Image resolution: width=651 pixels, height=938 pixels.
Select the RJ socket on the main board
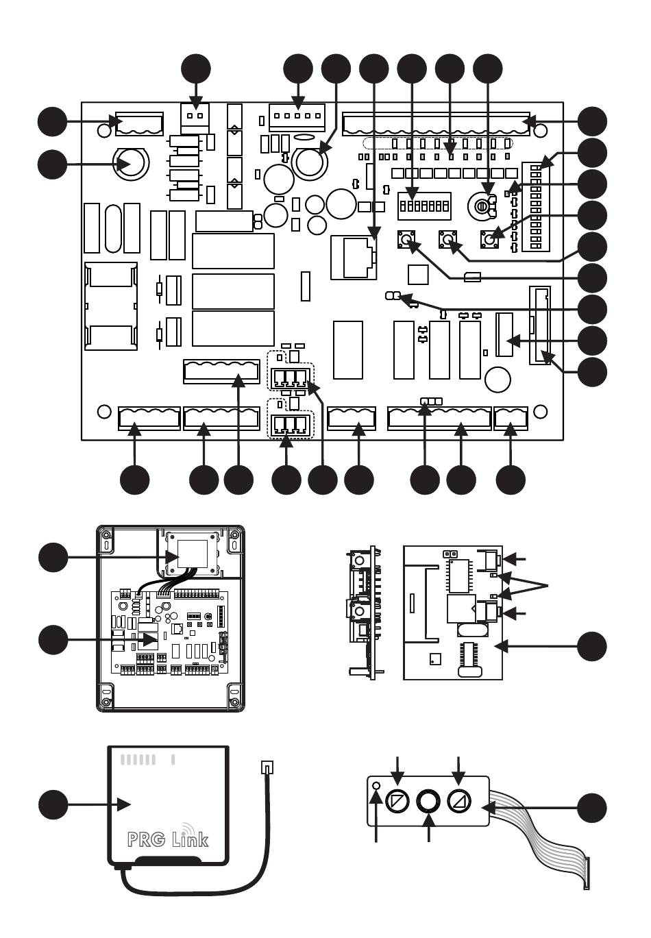coord(354,258)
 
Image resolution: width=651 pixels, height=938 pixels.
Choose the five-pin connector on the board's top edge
coord(297,117)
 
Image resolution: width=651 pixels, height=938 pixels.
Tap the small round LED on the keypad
coord(376,785)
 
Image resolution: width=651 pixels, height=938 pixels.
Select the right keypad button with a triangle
coord(458,800)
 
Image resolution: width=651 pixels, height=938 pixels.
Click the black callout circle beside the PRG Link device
coord(53,804)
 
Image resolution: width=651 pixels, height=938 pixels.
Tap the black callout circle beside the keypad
coord(591,807)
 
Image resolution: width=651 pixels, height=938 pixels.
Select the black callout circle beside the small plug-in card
coord(591,646)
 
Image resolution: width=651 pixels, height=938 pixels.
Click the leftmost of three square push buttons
coord(406,238)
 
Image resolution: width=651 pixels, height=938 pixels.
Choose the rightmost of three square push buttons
coord(489,238)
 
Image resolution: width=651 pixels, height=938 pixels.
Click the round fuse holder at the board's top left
coord(130,164)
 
